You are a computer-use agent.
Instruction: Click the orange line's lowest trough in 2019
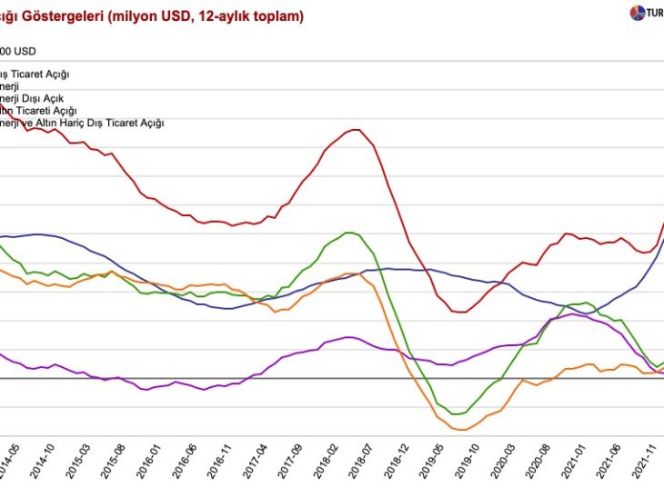click(459, 430)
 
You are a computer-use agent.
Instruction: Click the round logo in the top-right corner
click(636, 14)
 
